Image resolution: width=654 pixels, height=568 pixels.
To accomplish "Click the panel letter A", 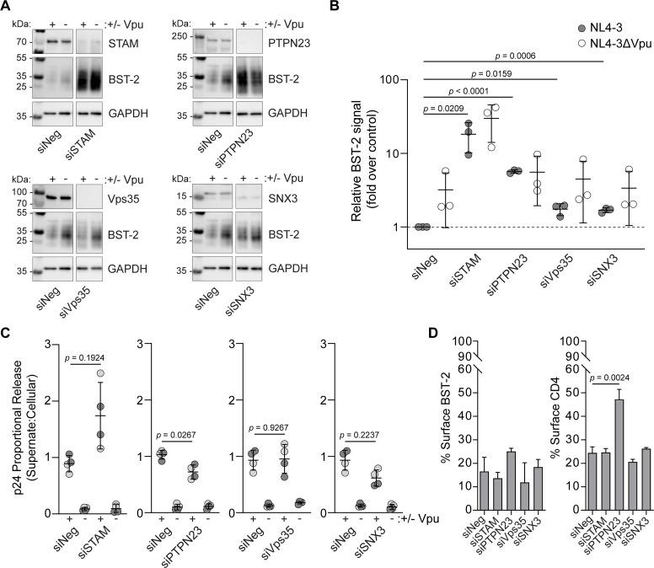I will click(x=7, y=8).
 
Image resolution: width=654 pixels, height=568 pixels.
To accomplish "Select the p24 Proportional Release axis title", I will click(x=12, y=426).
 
